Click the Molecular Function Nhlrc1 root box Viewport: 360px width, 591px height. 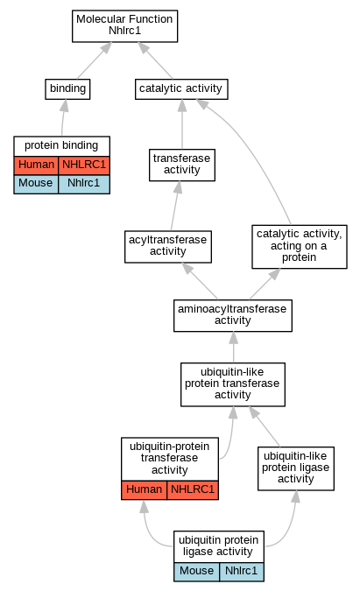(124, 26)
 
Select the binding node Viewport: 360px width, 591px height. (67, 89)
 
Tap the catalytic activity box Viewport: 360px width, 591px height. (181, 89)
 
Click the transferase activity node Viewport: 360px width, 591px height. (182, 165)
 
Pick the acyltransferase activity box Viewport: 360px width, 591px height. (168, 247)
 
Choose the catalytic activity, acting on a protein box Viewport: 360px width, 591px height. (300, 247)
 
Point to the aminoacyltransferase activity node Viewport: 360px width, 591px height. (233, 315)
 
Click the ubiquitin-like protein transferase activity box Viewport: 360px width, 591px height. (233, 384)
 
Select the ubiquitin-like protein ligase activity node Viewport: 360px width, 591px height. (296, 468)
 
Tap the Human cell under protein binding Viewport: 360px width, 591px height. (36, 165)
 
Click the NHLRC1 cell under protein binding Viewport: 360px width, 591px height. (84, 165)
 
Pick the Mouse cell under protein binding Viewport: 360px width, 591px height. (36, 184)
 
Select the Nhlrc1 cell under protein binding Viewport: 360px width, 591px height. (84, 184)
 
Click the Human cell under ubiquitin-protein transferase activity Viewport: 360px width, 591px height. (144, 490)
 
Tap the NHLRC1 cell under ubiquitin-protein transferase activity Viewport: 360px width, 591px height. (193, 490)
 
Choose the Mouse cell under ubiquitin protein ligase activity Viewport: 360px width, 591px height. (196, 572)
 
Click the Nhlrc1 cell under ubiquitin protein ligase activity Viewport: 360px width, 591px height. (241, 572)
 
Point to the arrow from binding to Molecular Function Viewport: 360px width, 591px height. (95, 60)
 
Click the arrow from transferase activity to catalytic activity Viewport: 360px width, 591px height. (182, 124)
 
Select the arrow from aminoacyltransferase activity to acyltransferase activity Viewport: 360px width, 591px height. (200, 281)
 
